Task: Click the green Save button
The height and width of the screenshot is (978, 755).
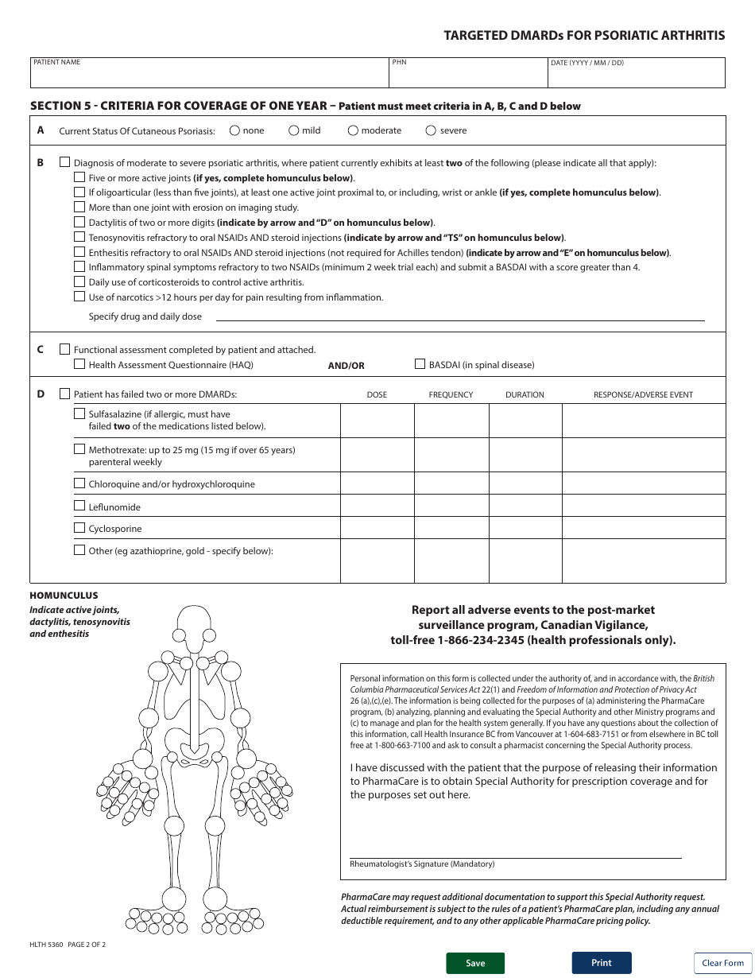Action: tap(475, 963)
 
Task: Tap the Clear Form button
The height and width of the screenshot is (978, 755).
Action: tap(722, 963)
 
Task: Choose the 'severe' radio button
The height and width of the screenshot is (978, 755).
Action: tap(432, 130)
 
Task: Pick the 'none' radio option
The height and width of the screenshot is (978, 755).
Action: tap(234, 130)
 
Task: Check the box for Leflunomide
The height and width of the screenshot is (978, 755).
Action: tap(79, 506)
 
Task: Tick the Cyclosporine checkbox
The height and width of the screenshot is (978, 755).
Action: tap(79, 528)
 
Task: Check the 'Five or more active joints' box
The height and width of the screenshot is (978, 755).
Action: tap(79, 177)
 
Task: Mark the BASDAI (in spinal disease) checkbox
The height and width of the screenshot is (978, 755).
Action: tap(420, 364)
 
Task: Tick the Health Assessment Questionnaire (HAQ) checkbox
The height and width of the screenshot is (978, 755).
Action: tap(79, 364)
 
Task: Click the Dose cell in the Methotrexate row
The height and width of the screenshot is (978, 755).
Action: tap(377, 455)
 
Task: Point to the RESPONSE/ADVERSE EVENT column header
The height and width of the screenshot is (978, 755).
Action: tap(643, 394)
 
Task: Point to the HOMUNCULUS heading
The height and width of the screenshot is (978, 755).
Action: tap(64, 596)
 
